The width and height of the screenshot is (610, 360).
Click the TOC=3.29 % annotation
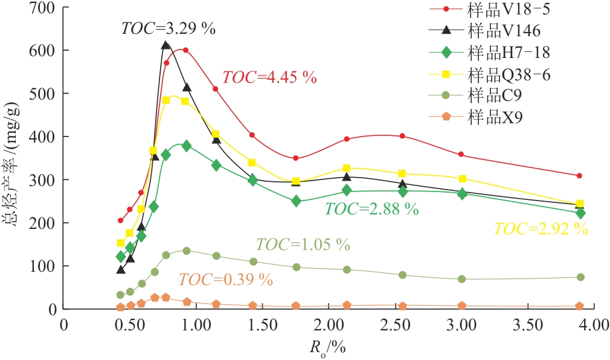[169, 28]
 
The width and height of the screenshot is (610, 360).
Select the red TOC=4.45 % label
[269, 77]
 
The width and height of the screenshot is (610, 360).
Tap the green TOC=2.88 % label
[371, 209]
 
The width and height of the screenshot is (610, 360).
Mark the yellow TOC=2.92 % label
[541, 229]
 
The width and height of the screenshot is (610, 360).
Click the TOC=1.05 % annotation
[303, 245]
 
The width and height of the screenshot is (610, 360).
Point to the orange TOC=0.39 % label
[225, 280]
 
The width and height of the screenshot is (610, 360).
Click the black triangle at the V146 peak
[166, 45]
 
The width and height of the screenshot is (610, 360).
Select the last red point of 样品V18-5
[579, 176]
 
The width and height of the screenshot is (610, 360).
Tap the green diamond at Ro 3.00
[462, 194]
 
